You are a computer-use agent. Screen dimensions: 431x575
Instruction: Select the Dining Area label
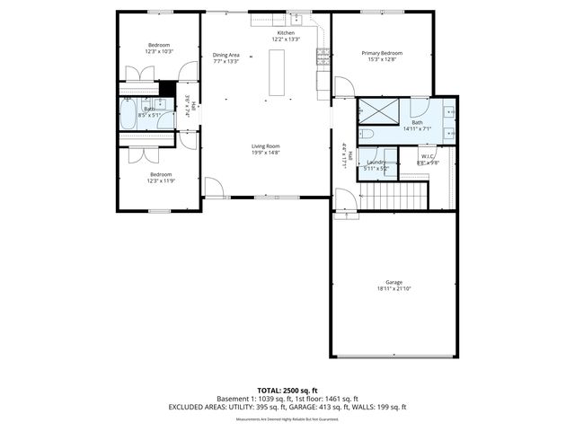pos(226,55)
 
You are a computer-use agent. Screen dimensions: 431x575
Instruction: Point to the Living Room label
pos(265,146)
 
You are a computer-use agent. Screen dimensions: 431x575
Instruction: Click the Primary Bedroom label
pos(382,54)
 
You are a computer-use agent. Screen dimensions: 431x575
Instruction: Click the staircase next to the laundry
pos(395,192)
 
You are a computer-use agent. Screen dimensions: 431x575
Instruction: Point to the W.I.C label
pos(429,156)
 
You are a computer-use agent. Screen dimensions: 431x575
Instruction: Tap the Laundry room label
pos(376,162)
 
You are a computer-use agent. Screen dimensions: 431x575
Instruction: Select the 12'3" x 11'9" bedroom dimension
pos(161,180)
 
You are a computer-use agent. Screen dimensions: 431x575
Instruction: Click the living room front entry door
pos(213,188)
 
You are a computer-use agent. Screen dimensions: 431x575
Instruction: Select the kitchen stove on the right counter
pos(321,57)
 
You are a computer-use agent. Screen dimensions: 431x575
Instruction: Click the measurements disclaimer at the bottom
pos(287,419)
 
